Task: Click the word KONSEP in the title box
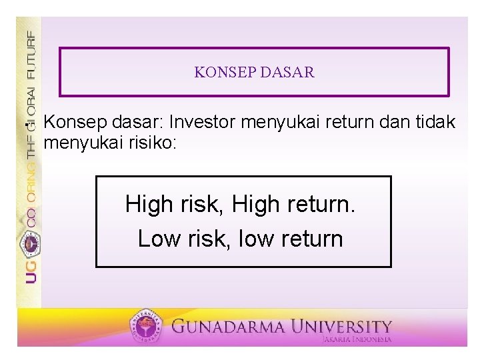[x=219, y=72]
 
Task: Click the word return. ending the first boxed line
[x=317, y=205]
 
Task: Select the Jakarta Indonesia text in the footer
[x=356, y=339]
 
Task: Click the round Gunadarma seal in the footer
[x=147, y=327]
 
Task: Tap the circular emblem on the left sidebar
[x=31, y=243]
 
